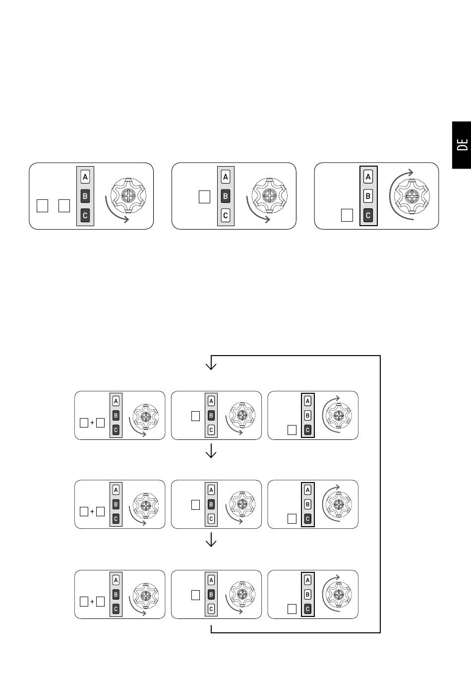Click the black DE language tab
click(462, 145)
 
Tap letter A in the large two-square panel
click(85, 177)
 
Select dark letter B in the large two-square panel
click(85, 196)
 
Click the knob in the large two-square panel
click(128, 195)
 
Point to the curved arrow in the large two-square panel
click(113, 213)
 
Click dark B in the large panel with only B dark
click(226, 196)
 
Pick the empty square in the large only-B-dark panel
click(205, 197)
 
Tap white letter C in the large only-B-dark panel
click(226, 215)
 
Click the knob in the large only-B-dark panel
click(269, 195)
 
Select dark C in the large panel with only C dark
click(368, 215)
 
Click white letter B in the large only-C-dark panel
click(368, 196)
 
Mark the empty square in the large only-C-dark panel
click(347, 215)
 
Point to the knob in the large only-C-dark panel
click(412, 196)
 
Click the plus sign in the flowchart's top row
click(92, 423)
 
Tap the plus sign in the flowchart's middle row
click(92, 511)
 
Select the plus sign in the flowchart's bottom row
click(92, 602)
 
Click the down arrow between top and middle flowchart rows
click(211, 451)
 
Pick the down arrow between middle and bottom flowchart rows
click(211, 540)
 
